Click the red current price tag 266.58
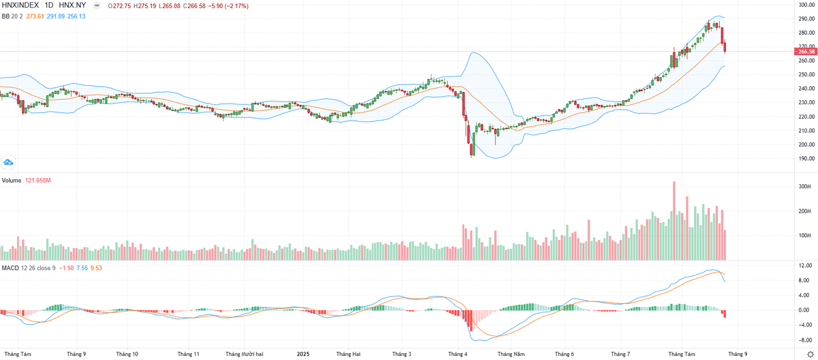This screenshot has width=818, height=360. [806, 51]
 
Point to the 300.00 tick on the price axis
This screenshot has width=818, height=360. [807, 5]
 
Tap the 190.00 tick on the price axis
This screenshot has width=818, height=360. [807, 158]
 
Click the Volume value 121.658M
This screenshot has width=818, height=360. [39, 181]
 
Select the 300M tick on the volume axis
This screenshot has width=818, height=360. [805, 186]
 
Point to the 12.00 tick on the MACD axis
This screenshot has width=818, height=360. [805, 266]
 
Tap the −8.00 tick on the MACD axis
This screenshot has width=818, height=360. [805, 339]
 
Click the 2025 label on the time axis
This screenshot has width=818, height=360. [305, 355]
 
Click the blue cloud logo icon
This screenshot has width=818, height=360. [8, 162]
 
